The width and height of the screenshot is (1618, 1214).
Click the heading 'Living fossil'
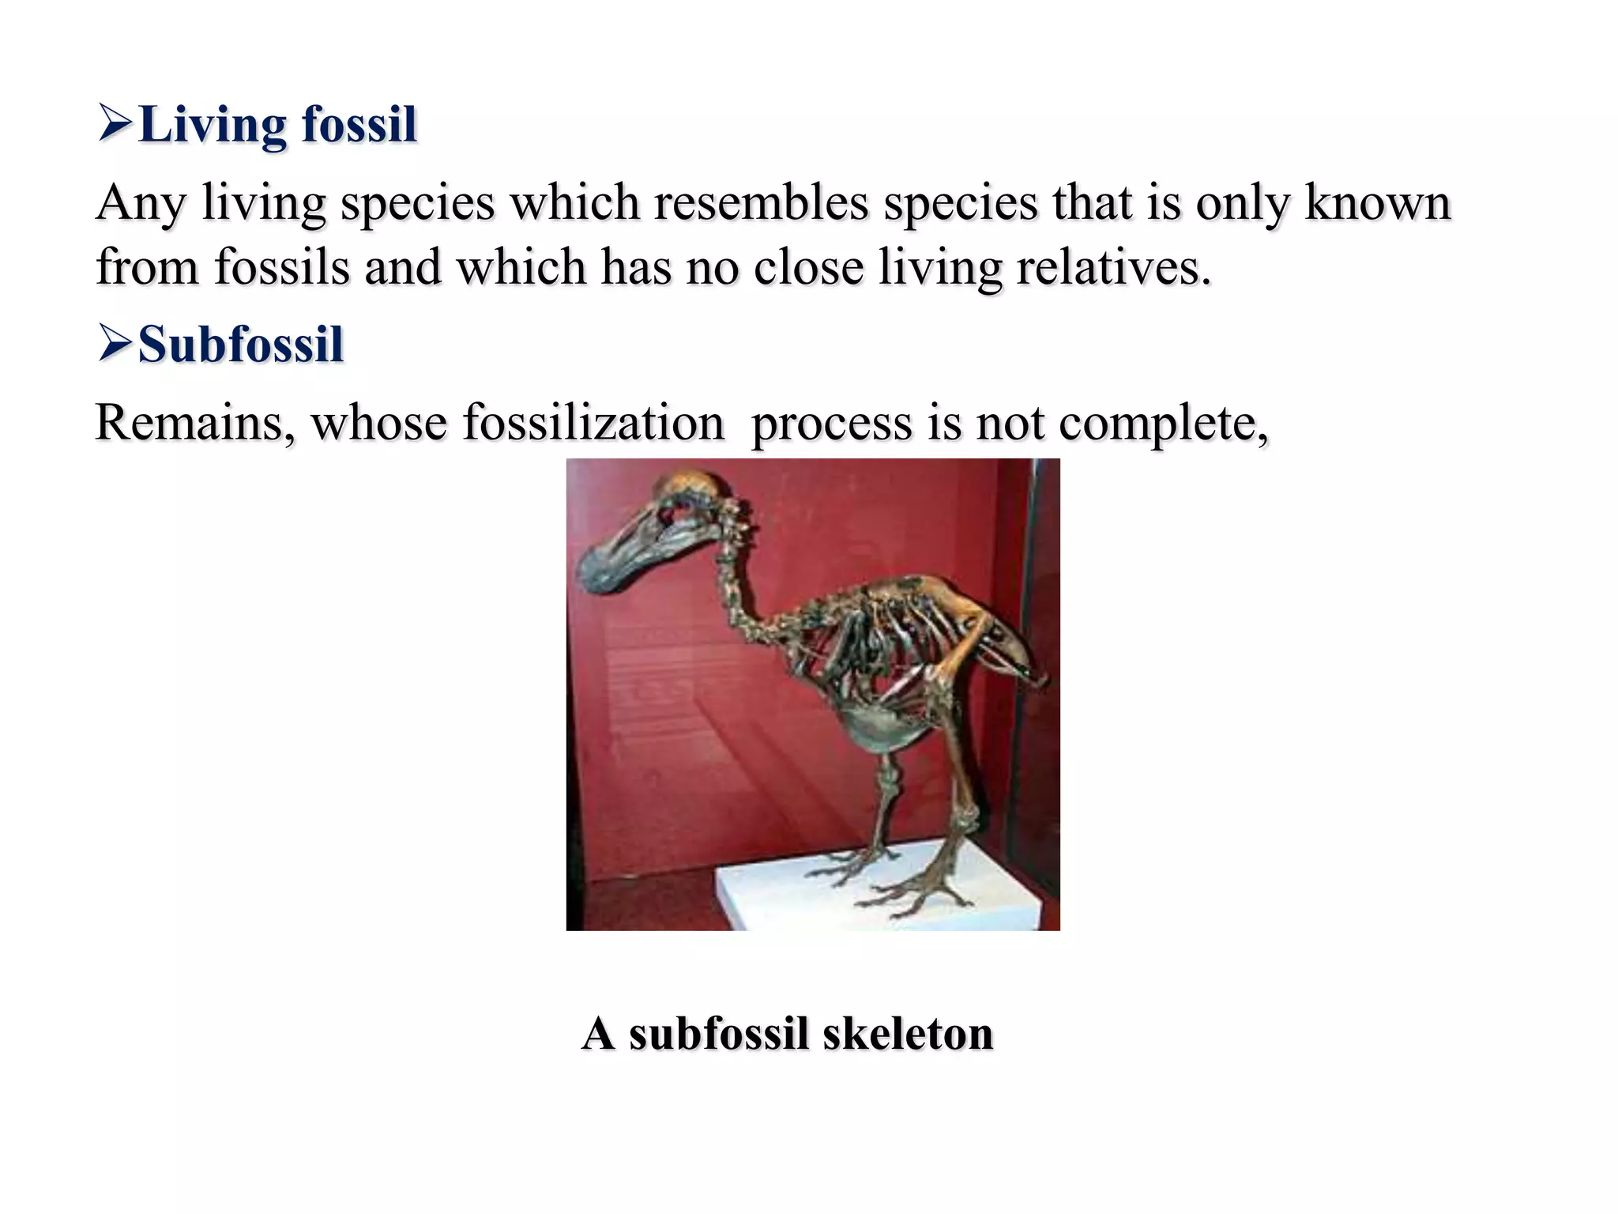tap(277, 125)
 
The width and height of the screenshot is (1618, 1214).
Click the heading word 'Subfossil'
tap(241, 345)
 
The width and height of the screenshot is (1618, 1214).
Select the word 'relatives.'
tap(1113, 267)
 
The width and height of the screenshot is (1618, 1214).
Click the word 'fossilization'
tap(593, 422)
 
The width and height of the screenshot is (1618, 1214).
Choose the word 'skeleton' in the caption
tap(908, 1033)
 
